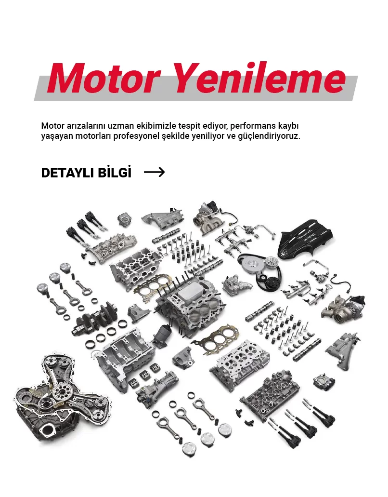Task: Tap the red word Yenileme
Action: pos(259,78)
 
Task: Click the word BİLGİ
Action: pos(114,172)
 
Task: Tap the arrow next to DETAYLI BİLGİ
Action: pos(155,172)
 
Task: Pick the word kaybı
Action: pos(288,126)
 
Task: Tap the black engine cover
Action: pos(305,239)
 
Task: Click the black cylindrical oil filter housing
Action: pos(162,335)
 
